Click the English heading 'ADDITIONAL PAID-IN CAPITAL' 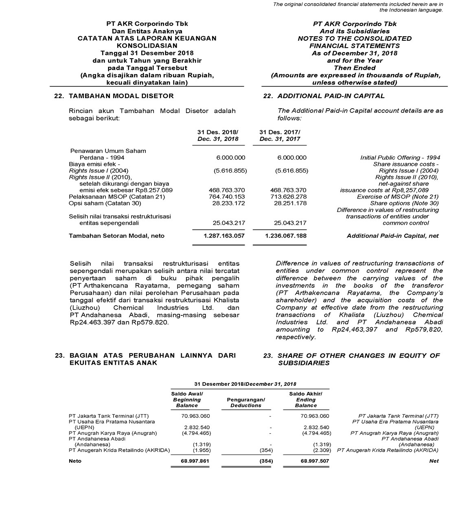point(331,96)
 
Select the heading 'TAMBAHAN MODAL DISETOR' point(121,96)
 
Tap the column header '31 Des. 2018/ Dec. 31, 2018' point(218,136)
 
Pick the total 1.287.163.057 point(224,236)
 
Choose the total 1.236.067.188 point(285,236)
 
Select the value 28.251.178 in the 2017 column point(290,203)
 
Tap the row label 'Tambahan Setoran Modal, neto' point(117,236)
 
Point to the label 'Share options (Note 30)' point(404,203)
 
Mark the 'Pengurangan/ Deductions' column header point(245,402)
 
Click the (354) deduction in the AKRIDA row point(266,450)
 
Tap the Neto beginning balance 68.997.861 point(195,461)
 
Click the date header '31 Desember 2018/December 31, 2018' point(245,384)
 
